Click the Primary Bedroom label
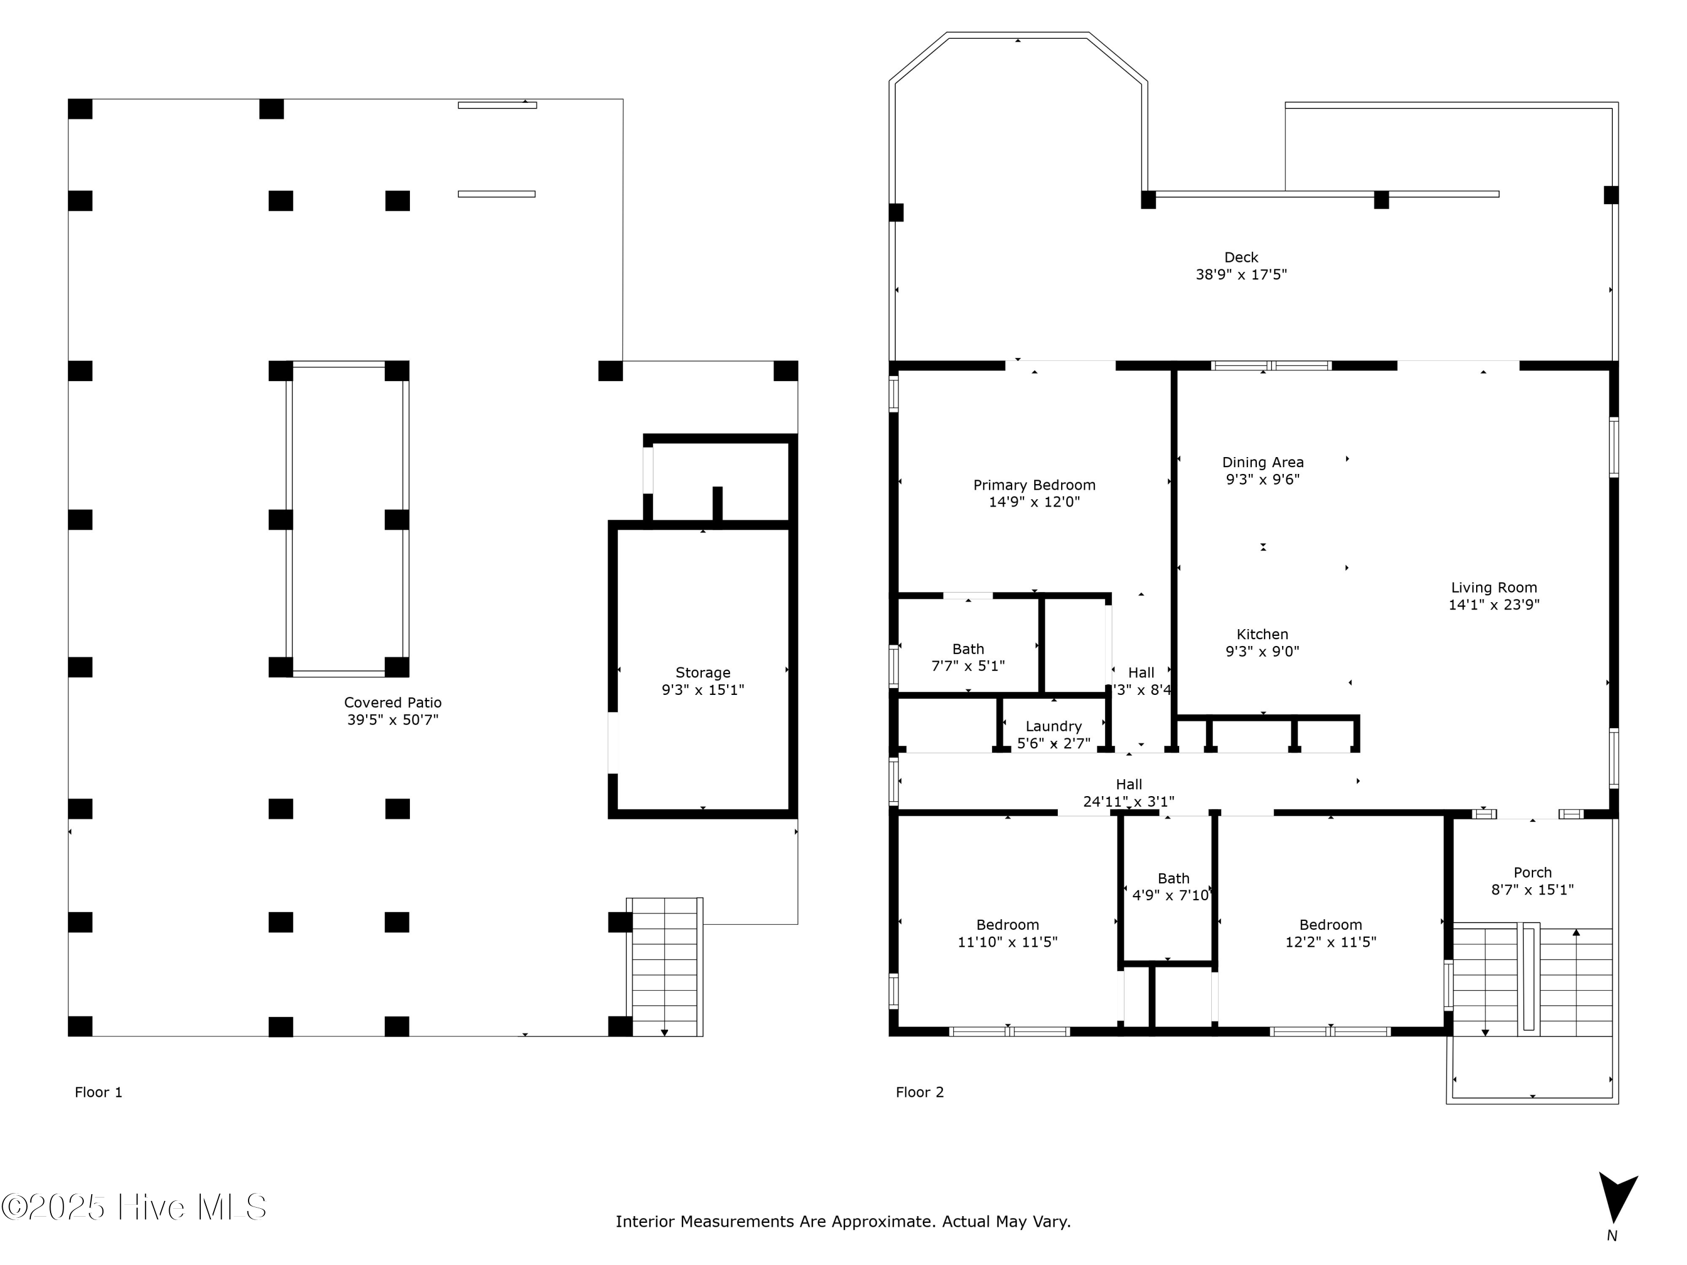tap(1034, 485)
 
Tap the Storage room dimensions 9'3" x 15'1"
tap(702, 690)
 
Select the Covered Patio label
tap(392, 702)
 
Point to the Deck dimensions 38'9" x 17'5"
tap(1241, 274)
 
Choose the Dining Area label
tap(1262, 462)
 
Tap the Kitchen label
tap(1262, 634)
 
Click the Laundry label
tap(1053, 726)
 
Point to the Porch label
tap(1532, 873)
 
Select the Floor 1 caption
tap(98, 1092)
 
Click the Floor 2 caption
tap(920, 1092)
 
